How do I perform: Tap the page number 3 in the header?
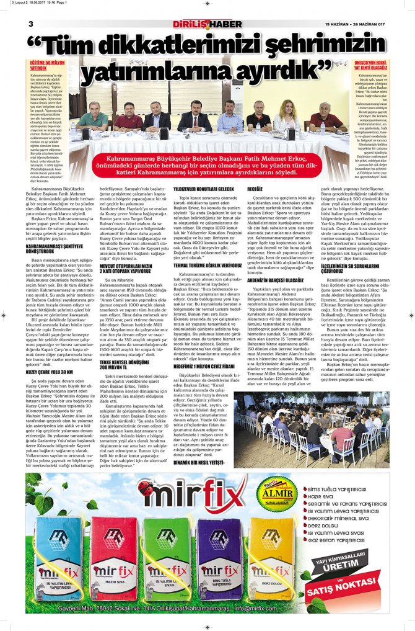[30, 24]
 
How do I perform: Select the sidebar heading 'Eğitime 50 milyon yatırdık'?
[47, 65]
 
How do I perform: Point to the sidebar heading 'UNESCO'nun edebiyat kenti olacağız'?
[370, 65]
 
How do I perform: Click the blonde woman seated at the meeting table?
[288, 115]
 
